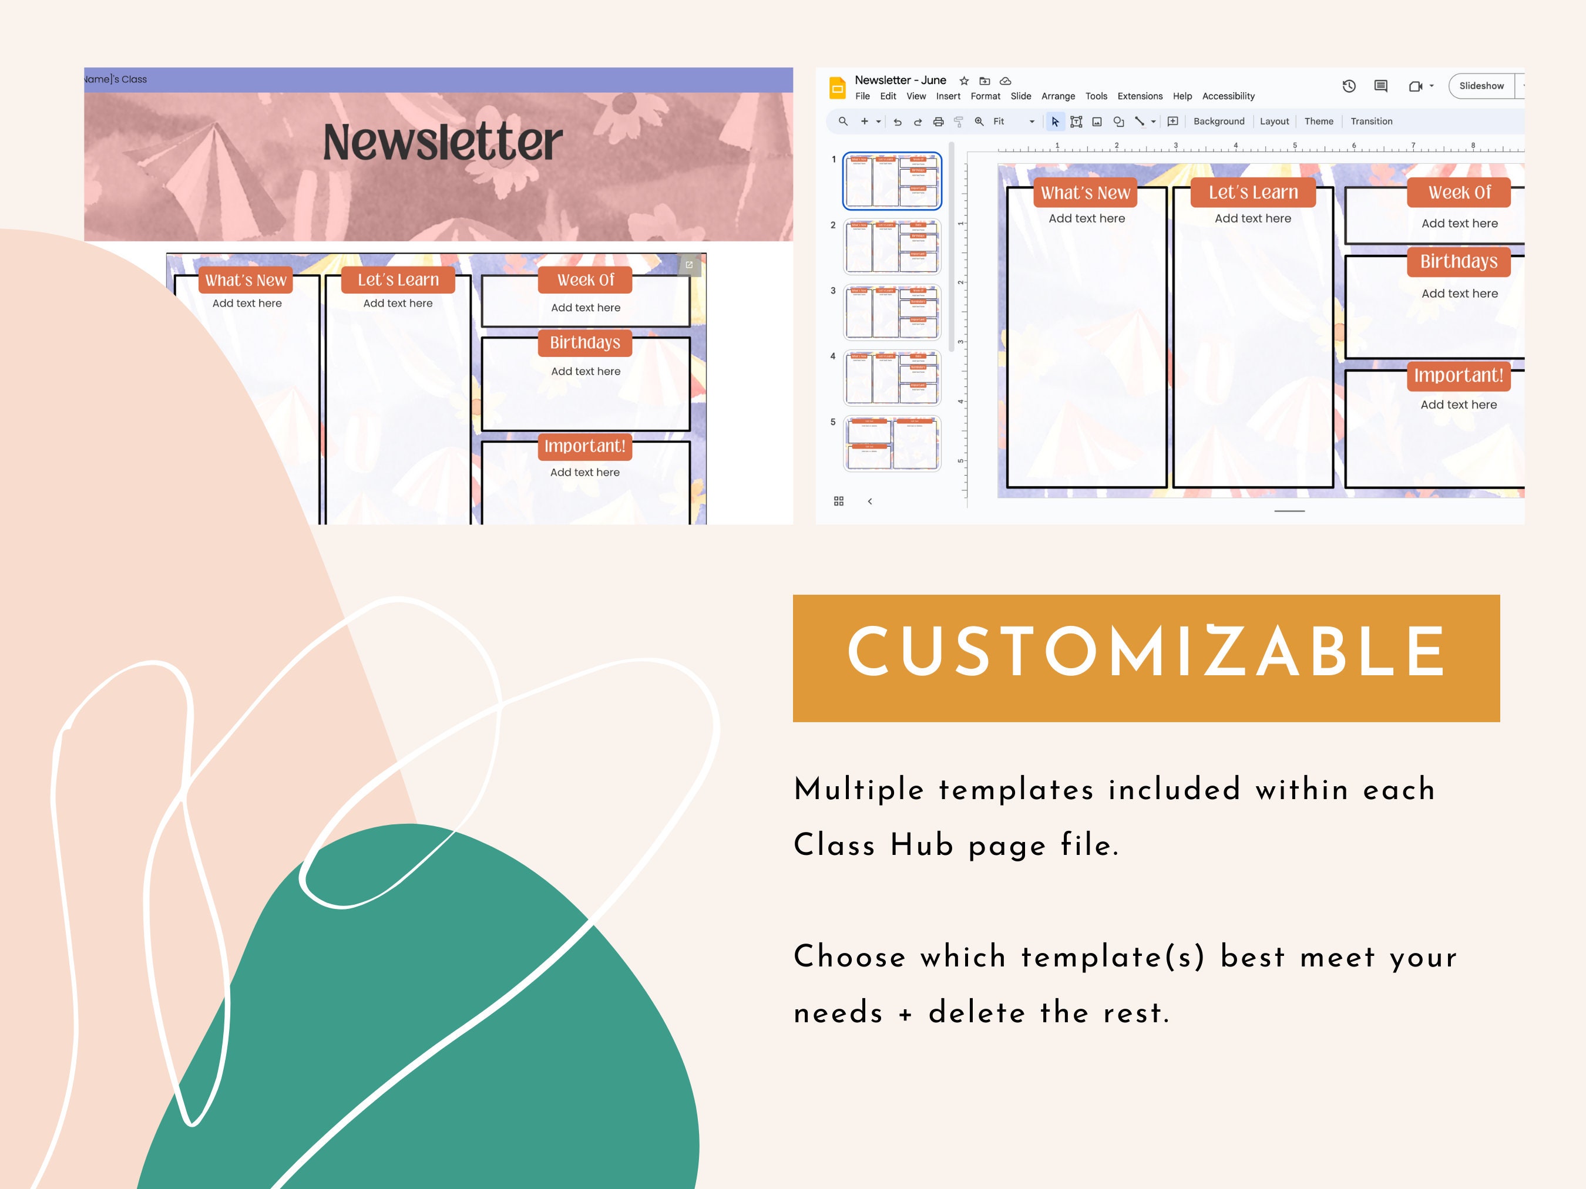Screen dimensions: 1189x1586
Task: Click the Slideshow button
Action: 1481,86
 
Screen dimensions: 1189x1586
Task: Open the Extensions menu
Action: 1140,96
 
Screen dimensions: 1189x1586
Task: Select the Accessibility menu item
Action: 1228,96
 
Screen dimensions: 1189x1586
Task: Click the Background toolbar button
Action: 1218,121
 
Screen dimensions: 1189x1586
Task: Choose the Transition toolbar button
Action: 1371,121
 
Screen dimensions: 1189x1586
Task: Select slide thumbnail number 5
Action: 892,444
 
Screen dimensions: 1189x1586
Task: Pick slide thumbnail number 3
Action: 892,312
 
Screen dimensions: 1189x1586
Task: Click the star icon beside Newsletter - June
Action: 964,81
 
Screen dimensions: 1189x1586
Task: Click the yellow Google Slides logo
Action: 836,87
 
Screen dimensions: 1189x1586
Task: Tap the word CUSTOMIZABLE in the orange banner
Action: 1146,652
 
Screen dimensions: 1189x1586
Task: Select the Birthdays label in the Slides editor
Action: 1459,262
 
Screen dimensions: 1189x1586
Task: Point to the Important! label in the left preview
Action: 584,446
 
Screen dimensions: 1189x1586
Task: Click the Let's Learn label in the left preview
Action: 398,280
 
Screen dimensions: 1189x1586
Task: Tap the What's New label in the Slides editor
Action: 1085,193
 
